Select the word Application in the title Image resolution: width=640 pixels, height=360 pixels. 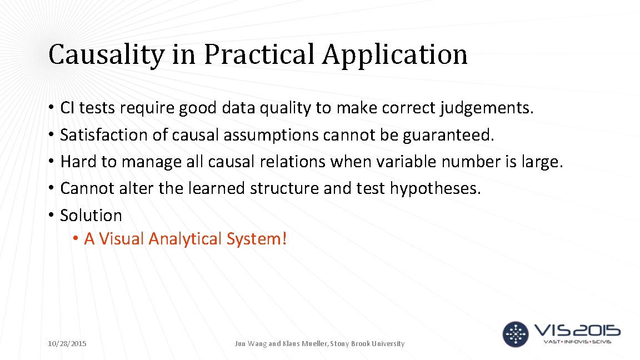point(396,55)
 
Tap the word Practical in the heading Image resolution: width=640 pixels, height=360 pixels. point(261,55)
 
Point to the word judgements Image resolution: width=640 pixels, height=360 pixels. point(487,108)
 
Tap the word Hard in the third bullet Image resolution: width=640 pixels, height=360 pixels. point(74,162)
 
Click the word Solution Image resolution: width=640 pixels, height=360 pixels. point(91,215)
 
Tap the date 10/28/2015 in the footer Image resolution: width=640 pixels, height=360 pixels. point(67,344)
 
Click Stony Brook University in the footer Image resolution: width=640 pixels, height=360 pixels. point(368,344)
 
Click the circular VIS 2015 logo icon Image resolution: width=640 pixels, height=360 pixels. point(516,334)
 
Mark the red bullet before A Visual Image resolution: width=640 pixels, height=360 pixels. point(75,239)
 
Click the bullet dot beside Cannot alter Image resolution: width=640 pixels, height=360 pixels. point(51,189)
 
